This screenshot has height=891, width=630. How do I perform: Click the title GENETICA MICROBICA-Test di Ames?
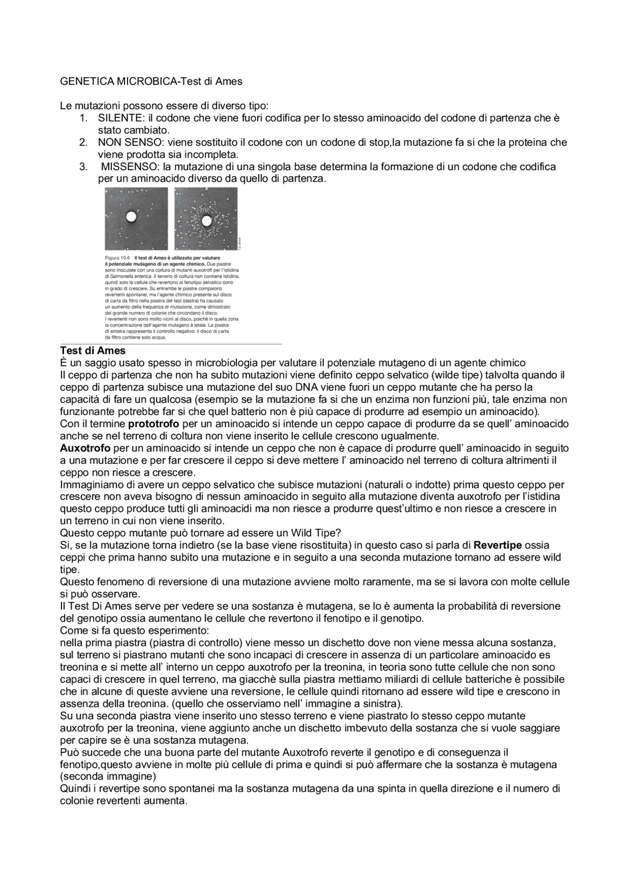point(151,82)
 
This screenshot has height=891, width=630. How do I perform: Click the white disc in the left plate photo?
point(131,216)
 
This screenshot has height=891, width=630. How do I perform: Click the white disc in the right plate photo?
point(206,221)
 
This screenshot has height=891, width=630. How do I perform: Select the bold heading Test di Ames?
point(93,351)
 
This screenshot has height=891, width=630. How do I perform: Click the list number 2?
point(83,143)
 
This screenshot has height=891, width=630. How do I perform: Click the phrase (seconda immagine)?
point(108,777)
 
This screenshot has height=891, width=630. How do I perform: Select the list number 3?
point(83,167)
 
